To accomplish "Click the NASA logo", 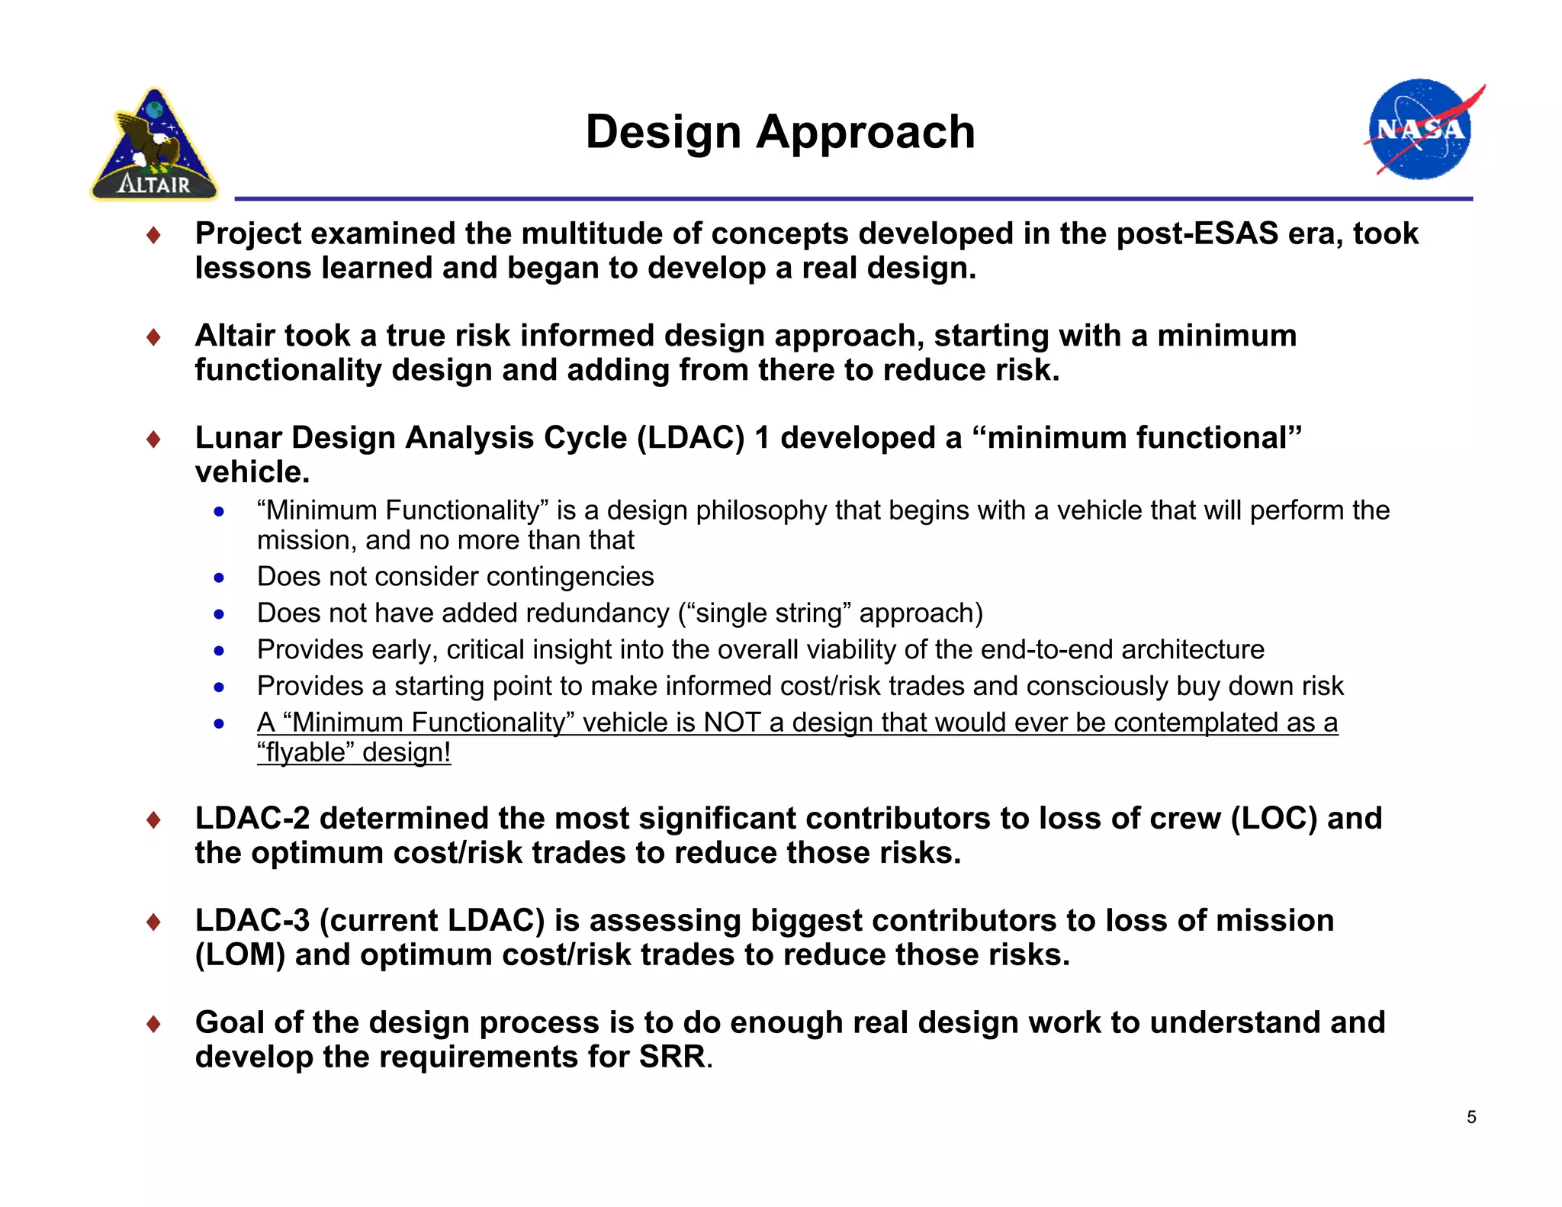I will click(x=1421, y=130).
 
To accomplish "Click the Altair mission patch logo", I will click(x=155, y=146).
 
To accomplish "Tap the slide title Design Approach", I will click(x=779, y=132).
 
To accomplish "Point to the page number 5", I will click(x=1471, y=1117).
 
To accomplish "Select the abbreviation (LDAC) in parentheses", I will click(x=690, y=438).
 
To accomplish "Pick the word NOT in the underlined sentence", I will click(x=732, y=722).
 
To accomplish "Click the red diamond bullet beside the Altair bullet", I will click(x=154, y=337).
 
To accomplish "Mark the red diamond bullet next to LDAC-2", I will click(x=154, y=820).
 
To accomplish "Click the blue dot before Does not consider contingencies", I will click(x=220, y=578).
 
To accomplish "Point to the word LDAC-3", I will click(x=252, y=920).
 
